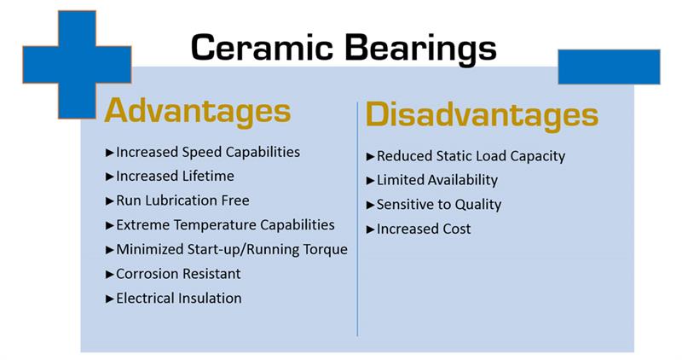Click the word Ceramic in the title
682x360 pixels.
click(x=262, y=48)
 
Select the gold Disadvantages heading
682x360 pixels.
click(x=482, y=115)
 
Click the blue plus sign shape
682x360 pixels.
click(x=77, y=65)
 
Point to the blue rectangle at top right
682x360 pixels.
click(x=609, y=67)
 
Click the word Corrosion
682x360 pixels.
click(x=147, y=274)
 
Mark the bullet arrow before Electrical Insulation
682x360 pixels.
click(x=110, y=299)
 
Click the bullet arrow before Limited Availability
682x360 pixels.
click(x=370, y=181)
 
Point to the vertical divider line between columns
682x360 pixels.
click(x=357, y=219)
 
